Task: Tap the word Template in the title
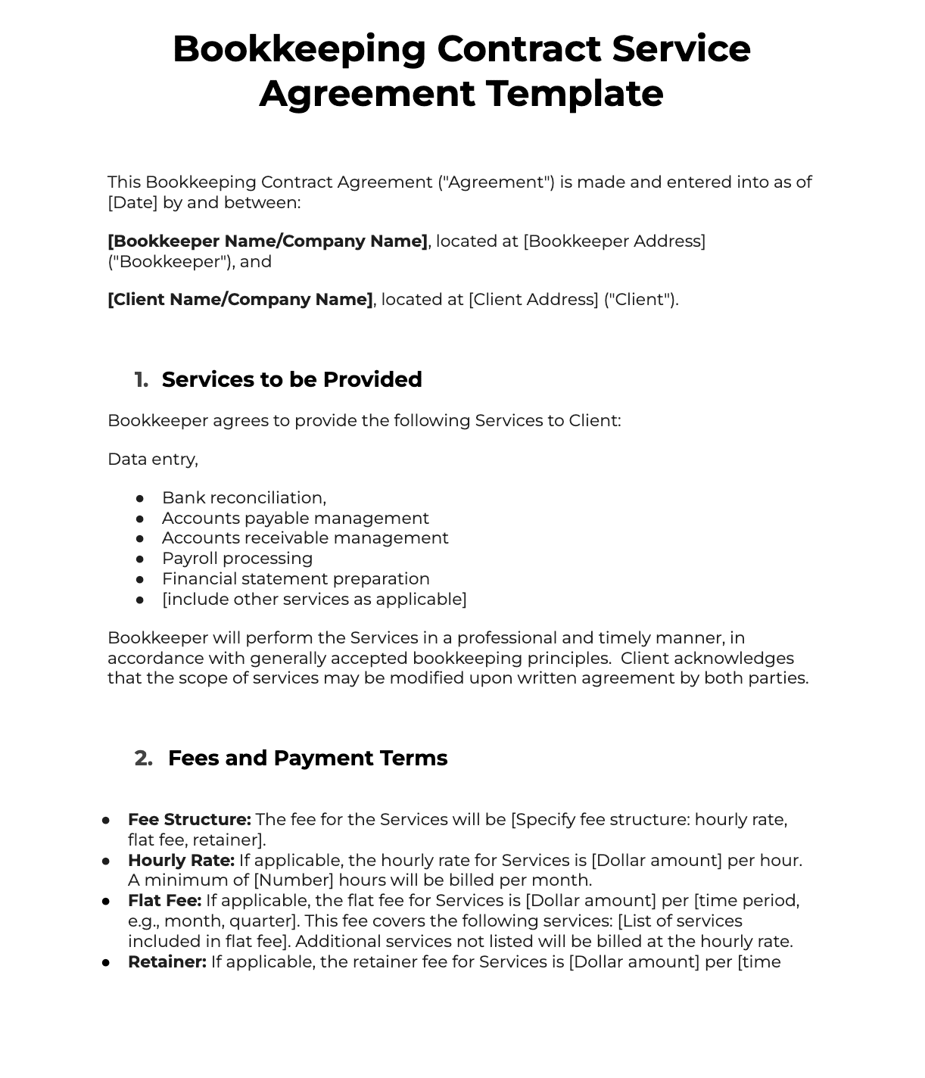(x=575, y=94)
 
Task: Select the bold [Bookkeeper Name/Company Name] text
(x=267, y=241)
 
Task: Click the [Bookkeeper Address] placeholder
(x=614, y=241)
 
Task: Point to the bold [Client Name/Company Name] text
(x=240, y=300)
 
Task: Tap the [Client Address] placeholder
(x=533, y=300)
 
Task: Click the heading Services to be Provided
(x=291, y=379)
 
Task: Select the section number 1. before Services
(x=141, y=379)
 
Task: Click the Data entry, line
(x=152, y=460)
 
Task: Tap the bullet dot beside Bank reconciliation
(x=140, y=498)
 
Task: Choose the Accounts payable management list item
(x=295, y=519)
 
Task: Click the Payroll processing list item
(x=237, y=559)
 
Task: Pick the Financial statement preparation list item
(x=295, y=579)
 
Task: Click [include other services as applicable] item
(x=314, y=600)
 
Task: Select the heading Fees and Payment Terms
(x=307, y=758)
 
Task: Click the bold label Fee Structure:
(x=189, y=820)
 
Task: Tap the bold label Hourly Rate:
(x=181, y=861)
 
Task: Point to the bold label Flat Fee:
(x=164, y=901)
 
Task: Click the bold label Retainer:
(x=167, y=962)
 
